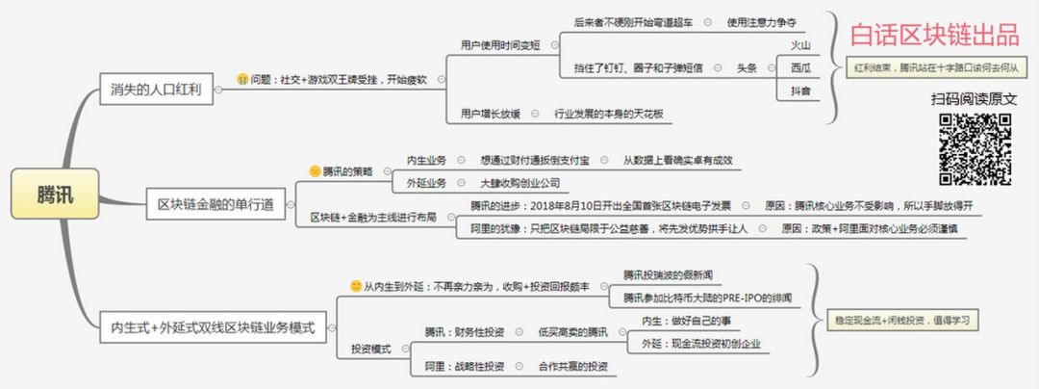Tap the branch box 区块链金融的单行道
(215, 203)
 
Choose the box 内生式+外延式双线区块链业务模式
(212, 327)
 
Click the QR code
(974, 148)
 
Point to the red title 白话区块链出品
(933, 37)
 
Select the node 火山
(799, 45)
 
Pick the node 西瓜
(799, 67)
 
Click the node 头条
(748, 68)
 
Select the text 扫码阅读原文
(973, 98)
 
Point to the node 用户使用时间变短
(500, 44)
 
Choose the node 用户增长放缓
(491, 114)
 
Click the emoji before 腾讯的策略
(314, 170)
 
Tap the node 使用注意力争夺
(761, 21)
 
